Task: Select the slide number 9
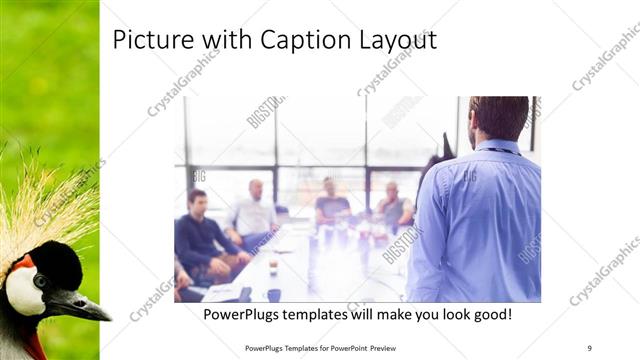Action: [x=590, y=347]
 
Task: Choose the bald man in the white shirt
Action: [x=255, y=212]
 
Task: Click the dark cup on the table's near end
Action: [x=273, y=295]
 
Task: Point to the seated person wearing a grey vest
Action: [x=394, y=207]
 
